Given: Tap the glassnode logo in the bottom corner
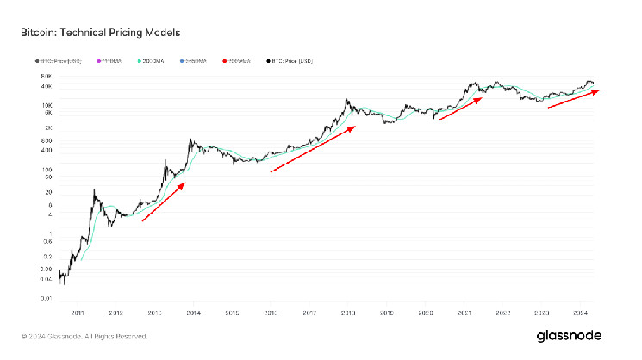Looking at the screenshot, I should pyautogui.click(x=567, y=335).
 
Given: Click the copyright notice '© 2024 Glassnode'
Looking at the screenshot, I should pyautogui.click(x=73, y=336).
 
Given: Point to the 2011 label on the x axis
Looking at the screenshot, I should pyautogui.click(x=78, y=314).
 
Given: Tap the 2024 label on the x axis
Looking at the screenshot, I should pyautogui.click(x=580, y=314).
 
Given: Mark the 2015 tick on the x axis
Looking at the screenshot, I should pyautogui.click(x=232, y=314).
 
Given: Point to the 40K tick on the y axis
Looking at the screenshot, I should pyautogui.click(x=47, y=85).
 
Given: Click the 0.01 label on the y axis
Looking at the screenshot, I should pyautogui.click(x=47, y=298).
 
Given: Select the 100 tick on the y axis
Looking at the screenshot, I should pyautogui.click(x=47, y=170).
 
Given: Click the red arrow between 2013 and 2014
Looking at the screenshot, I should pyautogui.click(x=164, y=202).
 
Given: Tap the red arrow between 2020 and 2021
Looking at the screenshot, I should pyautogui.click(x=461, y=108).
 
